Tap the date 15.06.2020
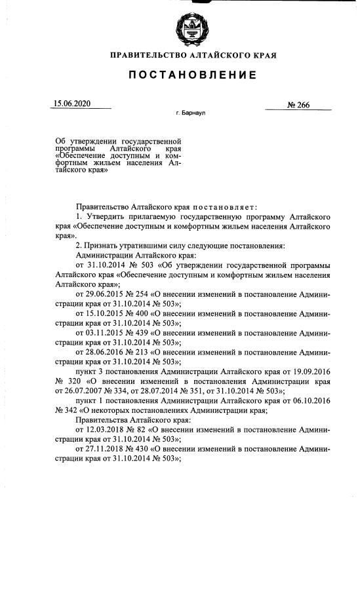pyautogui.click(x=71, y=104)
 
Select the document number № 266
pyautogui.click(x=298, y=105)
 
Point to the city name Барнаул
pyautogui.click(x=194, y=113)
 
